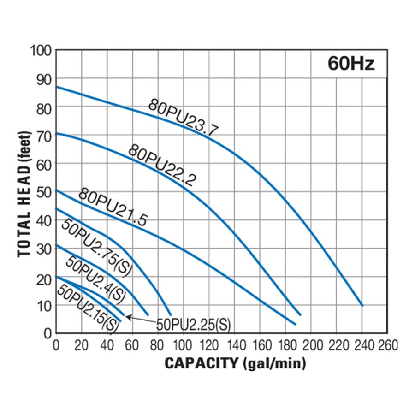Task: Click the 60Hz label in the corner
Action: [351, 64]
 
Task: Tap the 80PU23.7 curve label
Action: [184, 118]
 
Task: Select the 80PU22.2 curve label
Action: [161, 165]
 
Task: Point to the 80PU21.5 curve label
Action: [112, 207]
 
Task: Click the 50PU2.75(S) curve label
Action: [96, 248]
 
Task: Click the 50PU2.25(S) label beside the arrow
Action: [193, 325]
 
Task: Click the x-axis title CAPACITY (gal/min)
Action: [235, 363]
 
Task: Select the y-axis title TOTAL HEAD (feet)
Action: [26, 194]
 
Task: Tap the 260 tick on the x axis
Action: [387, 345]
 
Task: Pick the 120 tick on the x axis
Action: [209, 345]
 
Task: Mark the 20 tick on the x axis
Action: [82, 345]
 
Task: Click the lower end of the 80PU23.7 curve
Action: [362, 305]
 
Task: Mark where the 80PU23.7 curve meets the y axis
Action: [56, 87]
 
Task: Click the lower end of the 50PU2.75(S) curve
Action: [170, 315]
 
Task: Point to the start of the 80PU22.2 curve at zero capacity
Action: [56, 133]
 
